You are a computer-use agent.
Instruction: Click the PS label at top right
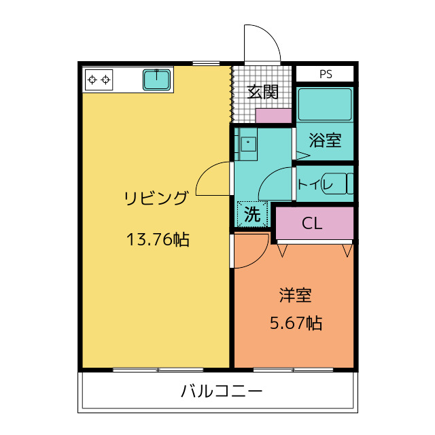click(x=326, y=74)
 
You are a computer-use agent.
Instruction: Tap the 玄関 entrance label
click(x=262, y=92)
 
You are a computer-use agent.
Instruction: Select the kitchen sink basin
click(x=156, y=80)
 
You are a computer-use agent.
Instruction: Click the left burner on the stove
click(x=92, y=80)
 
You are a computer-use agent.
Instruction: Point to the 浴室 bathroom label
click(x=325, y=140)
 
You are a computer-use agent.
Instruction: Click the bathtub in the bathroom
click(x=325, y=104)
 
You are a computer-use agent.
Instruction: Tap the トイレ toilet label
click(x=315, y=184)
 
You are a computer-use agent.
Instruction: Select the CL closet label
click(x=312, y=223)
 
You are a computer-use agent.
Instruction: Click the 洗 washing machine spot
click(x=252, y=214)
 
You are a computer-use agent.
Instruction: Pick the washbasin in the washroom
click(x=248, y=143)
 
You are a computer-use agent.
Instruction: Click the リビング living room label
click(x=156, y=198)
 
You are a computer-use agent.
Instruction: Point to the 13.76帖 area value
click(x=158, y=239)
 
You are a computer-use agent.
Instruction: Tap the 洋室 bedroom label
click(x=295, y=295)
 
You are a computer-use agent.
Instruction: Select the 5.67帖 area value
click(x=296, y=323)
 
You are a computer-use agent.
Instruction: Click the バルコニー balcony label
click(x=222, y=391)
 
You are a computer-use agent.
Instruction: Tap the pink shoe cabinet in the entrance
click(x=273, y=116)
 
